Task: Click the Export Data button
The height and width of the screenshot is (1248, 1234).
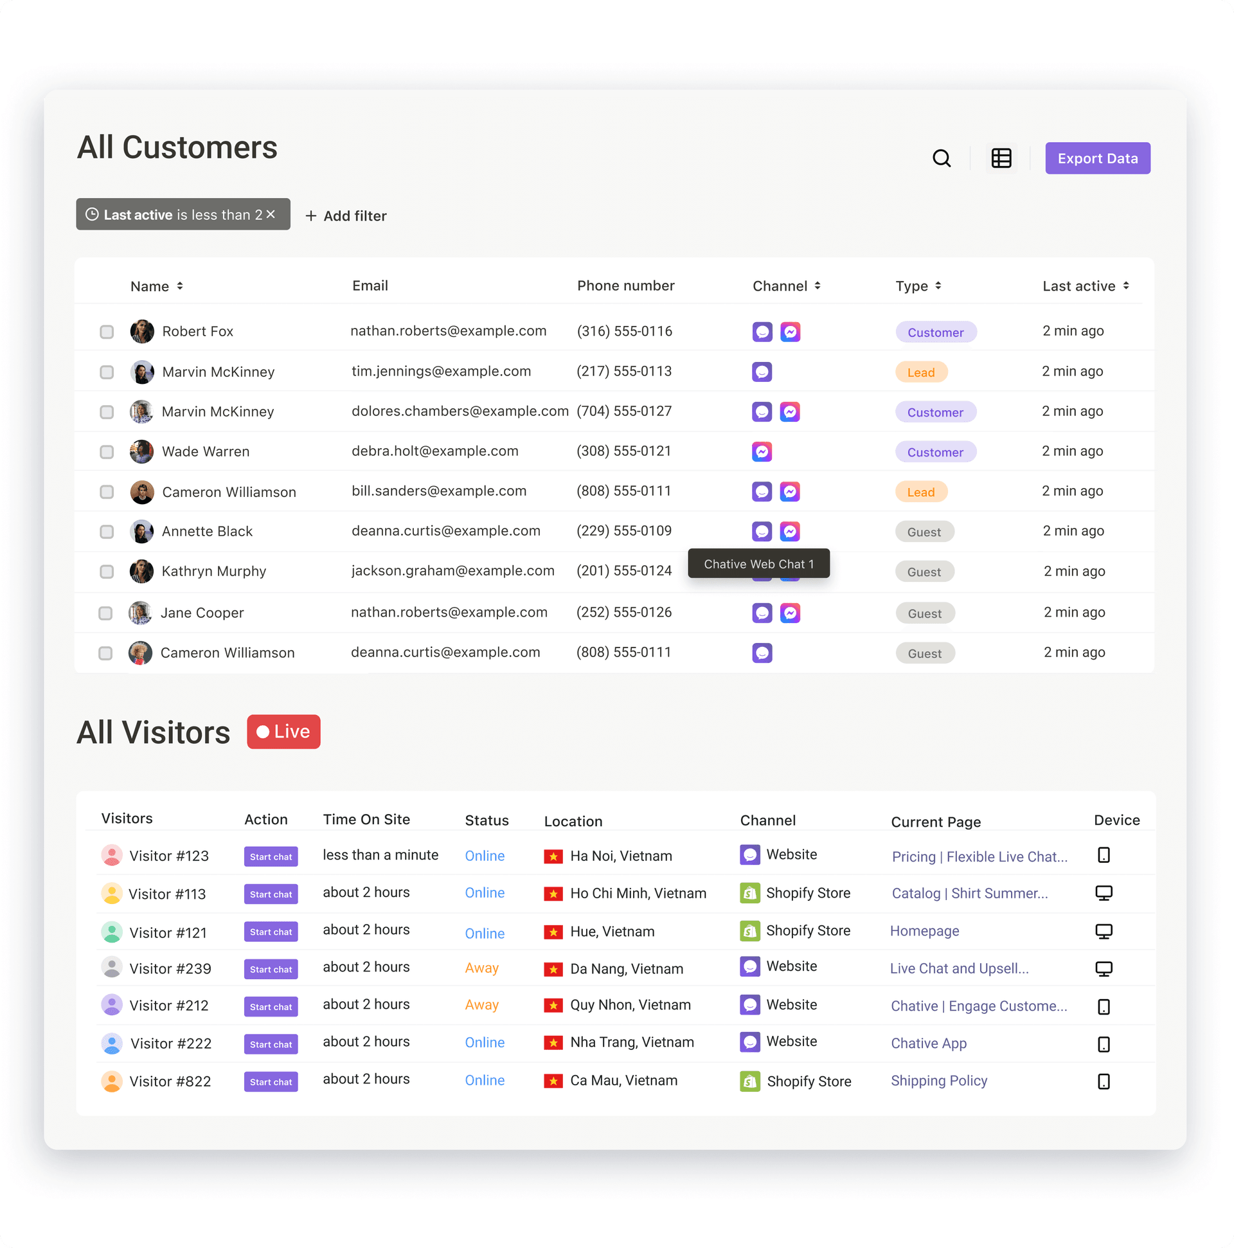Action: click(1097, 158)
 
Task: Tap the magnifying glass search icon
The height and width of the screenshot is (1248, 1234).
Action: click(942, 158)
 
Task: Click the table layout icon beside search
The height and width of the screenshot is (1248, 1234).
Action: click(1001, 158)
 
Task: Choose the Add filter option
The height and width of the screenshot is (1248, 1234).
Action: click(346, 216)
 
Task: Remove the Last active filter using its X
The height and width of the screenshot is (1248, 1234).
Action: click(271, 215)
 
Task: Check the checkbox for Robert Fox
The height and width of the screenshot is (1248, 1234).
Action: click(107, 332)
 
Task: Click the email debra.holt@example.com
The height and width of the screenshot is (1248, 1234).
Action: click(434, 451)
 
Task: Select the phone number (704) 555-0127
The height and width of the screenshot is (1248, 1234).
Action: click(624, 411)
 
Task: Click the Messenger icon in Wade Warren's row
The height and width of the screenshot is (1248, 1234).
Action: click(762, 451)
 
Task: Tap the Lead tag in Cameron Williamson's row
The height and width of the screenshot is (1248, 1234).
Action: click(921, 493)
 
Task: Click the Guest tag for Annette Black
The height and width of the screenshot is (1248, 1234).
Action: click(924, 532)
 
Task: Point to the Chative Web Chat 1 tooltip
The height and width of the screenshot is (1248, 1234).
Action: click(758, 564)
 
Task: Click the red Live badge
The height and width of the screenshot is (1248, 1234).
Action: click(283, 731)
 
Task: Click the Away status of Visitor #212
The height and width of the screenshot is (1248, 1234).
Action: click(482, 1005)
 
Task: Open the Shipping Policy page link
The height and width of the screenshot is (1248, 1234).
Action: click(939, 1081)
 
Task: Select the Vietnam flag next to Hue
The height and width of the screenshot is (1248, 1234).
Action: click(553, 932)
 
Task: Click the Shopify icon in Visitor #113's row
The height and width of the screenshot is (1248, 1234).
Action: click(749, 892)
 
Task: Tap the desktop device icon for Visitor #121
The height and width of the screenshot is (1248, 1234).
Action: click(1104, 932)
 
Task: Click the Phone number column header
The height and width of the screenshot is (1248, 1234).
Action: click(625, 285)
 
